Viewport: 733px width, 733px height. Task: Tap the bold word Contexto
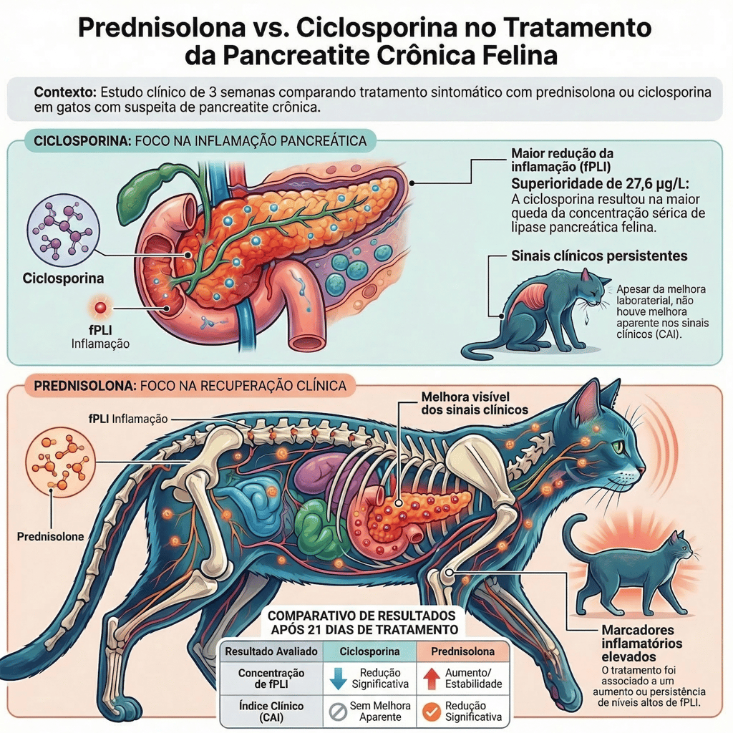tap(65, 93)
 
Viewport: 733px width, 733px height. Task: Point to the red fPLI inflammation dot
tap(100, 308)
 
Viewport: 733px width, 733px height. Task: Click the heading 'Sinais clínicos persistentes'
tap(600, 256)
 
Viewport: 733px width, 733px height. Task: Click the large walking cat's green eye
tap(616, 447)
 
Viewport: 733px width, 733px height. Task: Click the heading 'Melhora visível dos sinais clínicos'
tap(465, 403)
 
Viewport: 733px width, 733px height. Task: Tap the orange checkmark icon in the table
tap(431, 712)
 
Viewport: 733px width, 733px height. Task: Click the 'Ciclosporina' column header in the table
tap(369, 651)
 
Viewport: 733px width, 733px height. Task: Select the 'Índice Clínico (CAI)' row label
tap(271, 712)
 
